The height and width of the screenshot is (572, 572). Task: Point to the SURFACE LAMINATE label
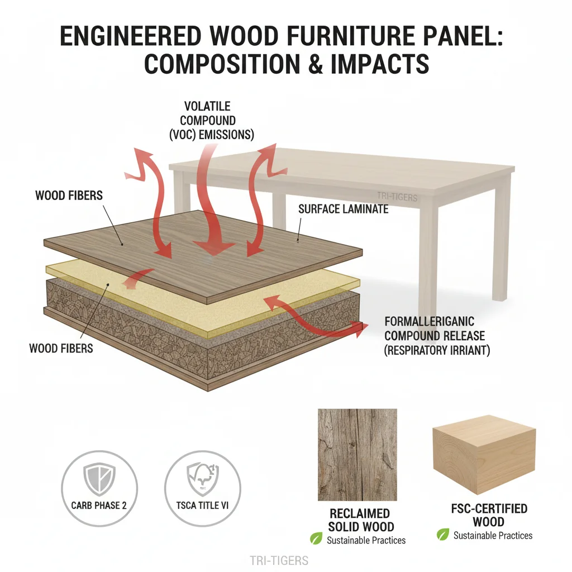pyautogui.click(x=343, y=209)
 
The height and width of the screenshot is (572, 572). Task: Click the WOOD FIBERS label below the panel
pyautogui.click(x=61, y=349)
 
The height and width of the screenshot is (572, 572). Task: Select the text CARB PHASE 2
pyautogui.click(x=99, y=506)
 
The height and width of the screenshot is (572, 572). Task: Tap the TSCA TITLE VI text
pyautogui.click(x=203, y=506)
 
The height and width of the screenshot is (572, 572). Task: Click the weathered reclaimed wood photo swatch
pyautogui.click(x=357, y=454)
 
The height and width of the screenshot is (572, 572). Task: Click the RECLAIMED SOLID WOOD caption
pyautogui.click(x=361, y=519)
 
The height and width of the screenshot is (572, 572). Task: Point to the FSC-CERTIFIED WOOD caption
pyautogui.click(x=489, y=515)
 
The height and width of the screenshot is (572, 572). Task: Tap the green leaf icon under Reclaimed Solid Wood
pyautogui.click(x=316, y=539)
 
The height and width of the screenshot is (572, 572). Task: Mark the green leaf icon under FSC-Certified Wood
pyautogui.click(x=443, y=535)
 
